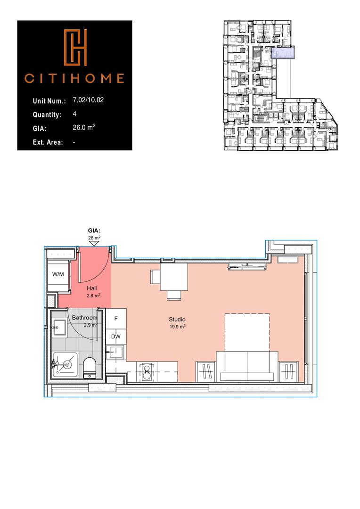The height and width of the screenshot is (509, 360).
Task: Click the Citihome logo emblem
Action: [75, 48]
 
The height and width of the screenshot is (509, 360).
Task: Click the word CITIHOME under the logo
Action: [74, 78]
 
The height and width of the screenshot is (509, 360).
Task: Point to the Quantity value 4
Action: [75, 114]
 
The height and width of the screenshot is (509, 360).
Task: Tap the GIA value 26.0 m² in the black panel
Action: [85, 128]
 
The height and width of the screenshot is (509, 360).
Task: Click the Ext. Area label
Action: [48, 142]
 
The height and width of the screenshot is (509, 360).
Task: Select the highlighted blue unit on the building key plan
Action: [283, 54]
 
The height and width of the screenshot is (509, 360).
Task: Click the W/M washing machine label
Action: [58, 274]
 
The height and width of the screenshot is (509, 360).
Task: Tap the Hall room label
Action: [93, 288]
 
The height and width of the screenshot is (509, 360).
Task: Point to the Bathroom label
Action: [84, 318]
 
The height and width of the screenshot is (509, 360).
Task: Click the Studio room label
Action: [177, 320]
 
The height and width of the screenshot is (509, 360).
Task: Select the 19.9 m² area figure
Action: [177, 326]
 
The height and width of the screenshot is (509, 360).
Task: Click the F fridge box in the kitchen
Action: [116, 318]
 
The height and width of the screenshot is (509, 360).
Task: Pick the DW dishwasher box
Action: [116, 337]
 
